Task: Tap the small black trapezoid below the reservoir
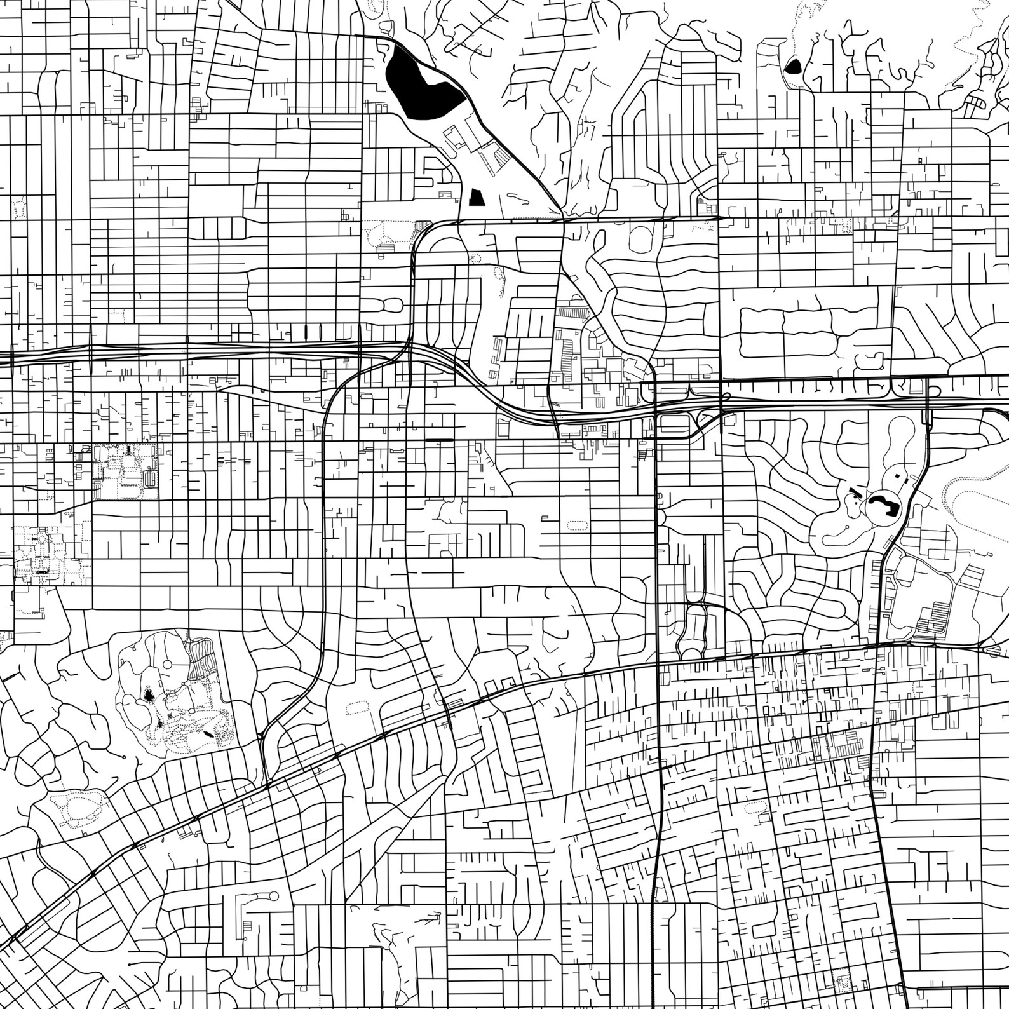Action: tap(476, 197)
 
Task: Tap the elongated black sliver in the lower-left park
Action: tap(209, 734)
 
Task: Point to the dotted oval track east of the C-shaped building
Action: tap(972, 508)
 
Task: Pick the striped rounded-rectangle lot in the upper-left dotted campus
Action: tap(151, 478)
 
